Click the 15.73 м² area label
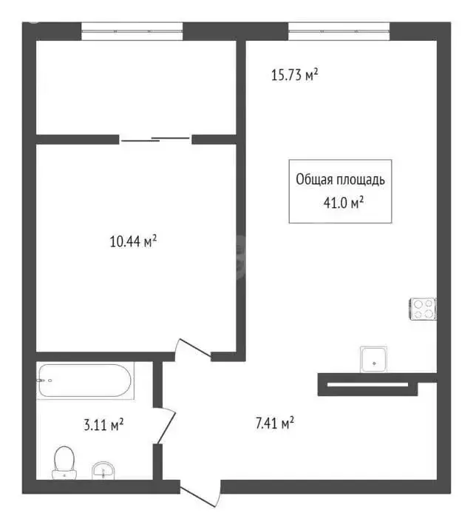point(294,75)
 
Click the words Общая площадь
point(340,179)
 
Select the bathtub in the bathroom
point(84,381)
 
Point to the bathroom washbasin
point(103,471)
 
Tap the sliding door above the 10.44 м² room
point(155,138)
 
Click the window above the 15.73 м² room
point(338,30)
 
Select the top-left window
point(132,30)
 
